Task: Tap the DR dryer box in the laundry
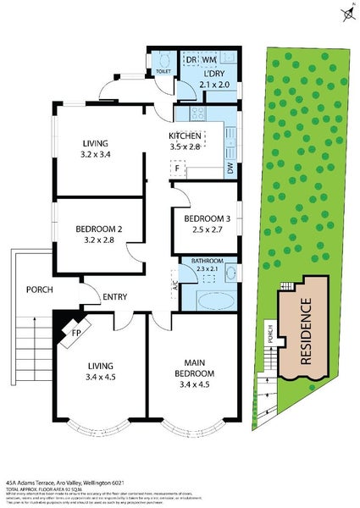pyautogui.click(x=191, y=60)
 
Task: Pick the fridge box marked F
pyautogui.click(x=177, y=168)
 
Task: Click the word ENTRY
pyautogui.click(x=115, y=296)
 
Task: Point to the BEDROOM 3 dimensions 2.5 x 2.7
pyautogui.click(x=207, y=229)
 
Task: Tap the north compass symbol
pyautogui.click(x=346, y=14)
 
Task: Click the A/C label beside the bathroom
pyautogui.click(x=174, y=288)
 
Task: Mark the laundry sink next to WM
pyautogui.click(x=228, y=60)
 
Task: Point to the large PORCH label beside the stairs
pyautogui.click(x=40, y=290)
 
